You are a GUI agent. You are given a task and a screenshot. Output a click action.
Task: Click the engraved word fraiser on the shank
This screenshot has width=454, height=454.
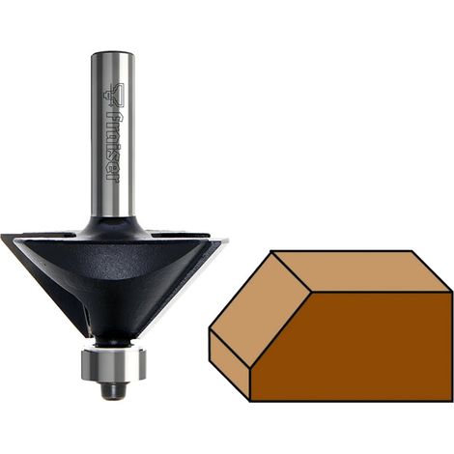click(x=112, y=147)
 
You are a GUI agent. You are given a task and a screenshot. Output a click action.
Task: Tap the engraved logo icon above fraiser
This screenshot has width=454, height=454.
click(x=112, y=95)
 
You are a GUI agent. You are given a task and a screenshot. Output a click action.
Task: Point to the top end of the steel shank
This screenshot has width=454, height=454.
click(x=113, y=53)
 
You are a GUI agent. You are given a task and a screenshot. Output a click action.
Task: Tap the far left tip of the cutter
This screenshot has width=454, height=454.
click(x=1, y=235)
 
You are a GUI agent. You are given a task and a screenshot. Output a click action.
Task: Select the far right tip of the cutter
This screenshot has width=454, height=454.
click(x=227, y=240)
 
